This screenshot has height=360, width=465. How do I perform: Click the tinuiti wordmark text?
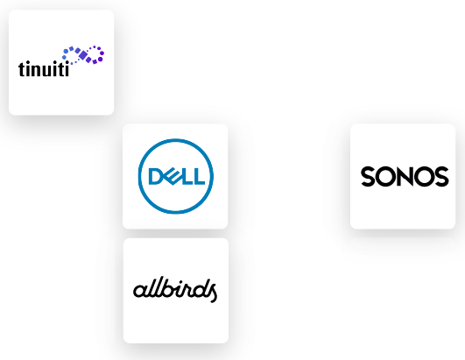coord(44,69)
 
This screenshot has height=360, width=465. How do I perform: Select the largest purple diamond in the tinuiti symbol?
coord(83,55)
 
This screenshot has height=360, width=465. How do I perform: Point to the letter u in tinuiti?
coord(49,71)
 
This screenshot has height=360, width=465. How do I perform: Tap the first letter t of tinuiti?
coord(22,69)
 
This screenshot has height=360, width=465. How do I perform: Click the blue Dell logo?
coord(175,176)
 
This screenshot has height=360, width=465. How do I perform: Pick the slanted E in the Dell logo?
coord(171,176)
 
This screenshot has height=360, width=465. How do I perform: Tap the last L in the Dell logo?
coord(199,176)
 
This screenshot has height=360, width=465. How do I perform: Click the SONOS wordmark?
coord(405,176)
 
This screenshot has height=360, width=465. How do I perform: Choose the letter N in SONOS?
coord(405,176)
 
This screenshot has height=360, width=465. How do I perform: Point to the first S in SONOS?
coord(368,176)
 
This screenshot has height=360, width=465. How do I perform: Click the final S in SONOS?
coord(441,176)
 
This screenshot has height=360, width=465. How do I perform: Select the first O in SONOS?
coord(385,176)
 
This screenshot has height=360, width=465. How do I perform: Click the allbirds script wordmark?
coord(175,290)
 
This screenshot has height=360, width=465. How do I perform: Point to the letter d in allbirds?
coord(200,287)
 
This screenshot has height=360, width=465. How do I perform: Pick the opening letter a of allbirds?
coord(140,291)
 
